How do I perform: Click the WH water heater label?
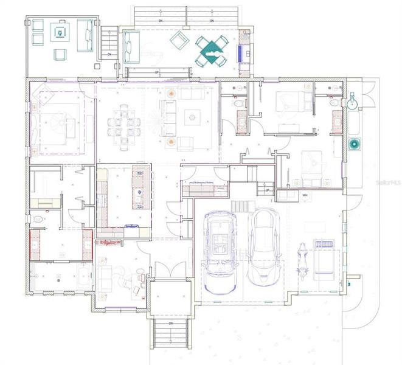pos(305,195)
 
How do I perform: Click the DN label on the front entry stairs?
pos(170,324)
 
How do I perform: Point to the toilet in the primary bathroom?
pos(38,218)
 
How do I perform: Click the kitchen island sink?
pos(139,196)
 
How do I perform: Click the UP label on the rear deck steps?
pos(156,72)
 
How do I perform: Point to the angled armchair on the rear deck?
pos(179,41)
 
